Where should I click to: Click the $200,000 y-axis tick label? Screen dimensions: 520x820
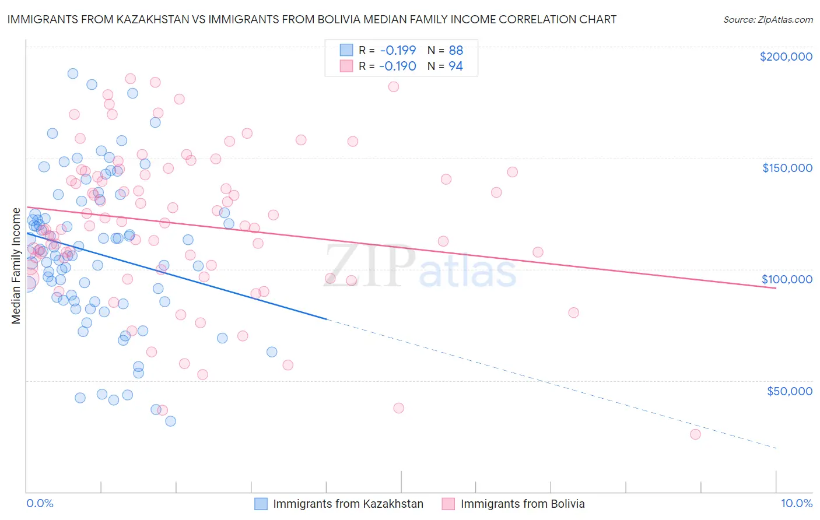(786, 57)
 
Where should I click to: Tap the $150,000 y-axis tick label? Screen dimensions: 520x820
(787, 168)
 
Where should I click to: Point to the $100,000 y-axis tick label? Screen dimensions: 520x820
(787, 279)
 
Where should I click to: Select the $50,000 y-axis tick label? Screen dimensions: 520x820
(789, 391)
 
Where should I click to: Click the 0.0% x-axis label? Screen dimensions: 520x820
(40, 503)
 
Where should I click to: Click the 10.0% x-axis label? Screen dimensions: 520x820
(796, 503)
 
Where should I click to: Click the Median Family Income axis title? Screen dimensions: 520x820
(16, 265)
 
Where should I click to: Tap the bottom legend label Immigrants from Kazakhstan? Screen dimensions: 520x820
(348, 504)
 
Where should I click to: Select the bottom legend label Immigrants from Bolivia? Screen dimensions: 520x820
(523, 504)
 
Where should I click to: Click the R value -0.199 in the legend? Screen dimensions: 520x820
(397, 50)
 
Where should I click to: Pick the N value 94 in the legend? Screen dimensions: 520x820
(455, 66)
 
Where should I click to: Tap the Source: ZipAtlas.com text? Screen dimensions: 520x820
(768, 19)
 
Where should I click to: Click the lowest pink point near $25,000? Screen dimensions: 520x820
(695, 434)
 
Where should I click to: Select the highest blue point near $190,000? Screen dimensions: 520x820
(73, 73)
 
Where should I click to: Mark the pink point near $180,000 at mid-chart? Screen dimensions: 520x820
(394, 87)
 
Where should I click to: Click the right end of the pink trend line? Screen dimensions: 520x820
(776, 289)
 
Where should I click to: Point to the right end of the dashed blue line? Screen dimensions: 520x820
(776, 448)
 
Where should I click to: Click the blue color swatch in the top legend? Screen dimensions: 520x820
(346, 50)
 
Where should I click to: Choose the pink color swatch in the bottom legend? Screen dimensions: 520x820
(448, 504)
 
